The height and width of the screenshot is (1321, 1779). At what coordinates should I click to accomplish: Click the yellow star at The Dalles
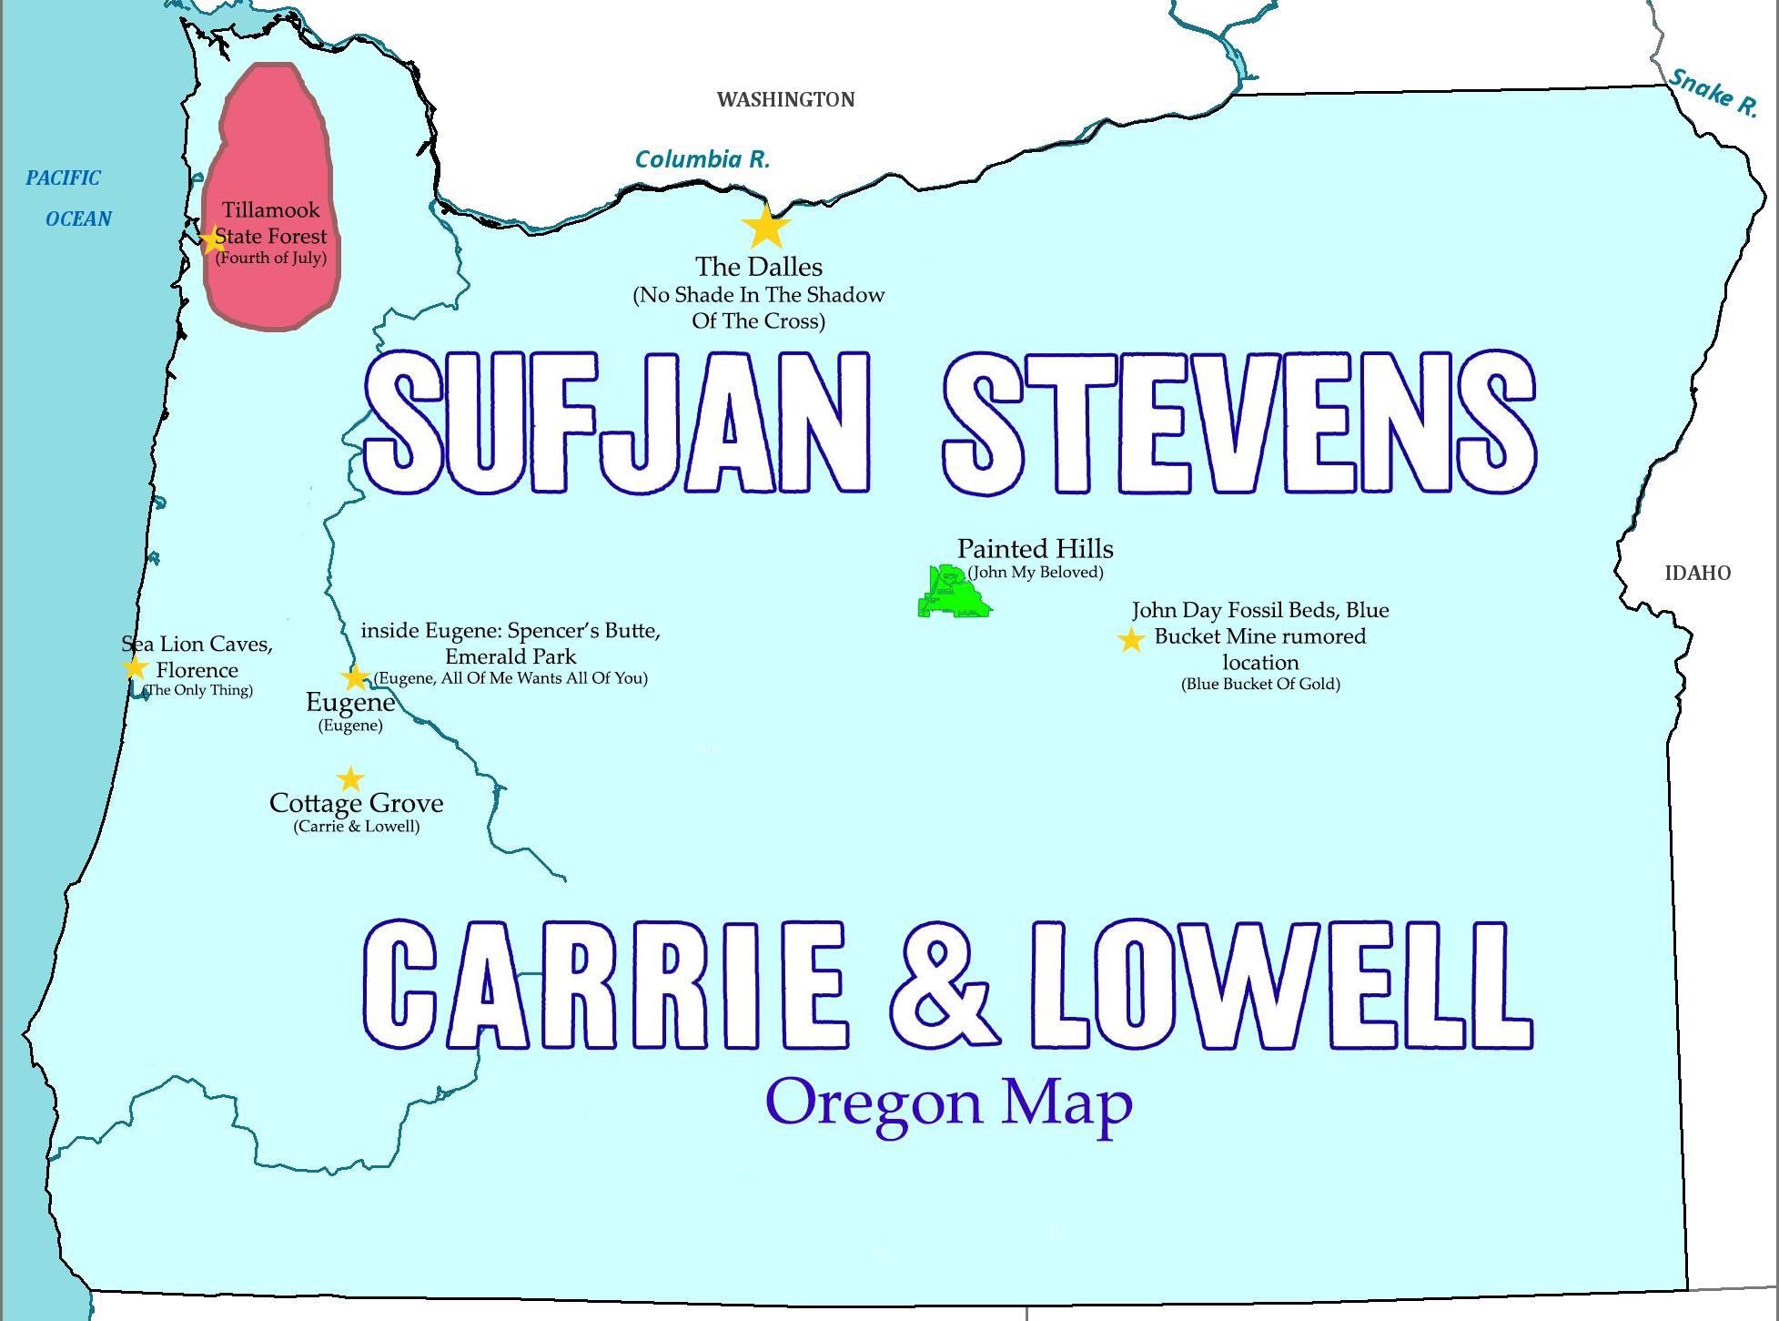(x=766, y=227)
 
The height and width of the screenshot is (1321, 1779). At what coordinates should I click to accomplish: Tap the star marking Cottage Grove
(x=350, y=779)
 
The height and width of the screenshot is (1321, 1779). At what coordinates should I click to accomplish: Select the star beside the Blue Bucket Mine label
(x=1130, y=640)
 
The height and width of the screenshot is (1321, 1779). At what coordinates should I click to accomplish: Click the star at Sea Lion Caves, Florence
(x=135, y=667)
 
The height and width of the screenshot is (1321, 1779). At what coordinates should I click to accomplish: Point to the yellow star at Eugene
(x=355, y=677)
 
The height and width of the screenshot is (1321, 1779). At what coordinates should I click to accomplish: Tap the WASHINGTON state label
(x=785, y=99)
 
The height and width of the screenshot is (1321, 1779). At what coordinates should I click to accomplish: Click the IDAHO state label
(x=1697, y=573)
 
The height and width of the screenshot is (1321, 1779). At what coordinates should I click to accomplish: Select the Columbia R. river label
(x=702, y=159)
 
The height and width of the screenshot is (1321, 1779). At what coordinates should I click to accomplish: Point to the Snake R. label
(x=1713, y=93)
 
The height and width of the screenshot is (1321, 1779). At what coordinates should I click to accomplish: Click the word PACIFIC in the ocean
(x=63, y=178)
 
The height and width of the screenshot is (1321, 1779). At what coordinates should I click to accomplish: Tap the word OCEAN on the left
(x=78, y=218)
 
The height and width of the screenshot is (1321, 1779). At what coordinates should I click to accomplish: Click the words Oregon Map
(x=949, y=1102)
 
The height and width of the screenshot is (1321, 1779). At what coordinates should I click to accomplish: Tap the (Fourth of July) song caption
(x=270, y=258)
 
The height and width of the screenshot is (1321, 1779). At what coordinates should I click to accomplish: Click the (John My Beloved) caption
(x=1036, y=572)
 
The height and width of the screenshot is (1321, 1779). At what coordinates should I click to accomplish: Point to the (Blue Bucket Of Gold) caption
(x=1260, y=684)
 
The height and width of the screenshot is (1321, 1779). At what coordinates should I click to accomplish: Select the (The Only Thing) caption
(x=199, y=690)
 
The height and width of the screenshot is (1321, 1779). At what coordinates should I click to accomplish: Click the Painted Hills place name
(x=1035, y=548)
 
